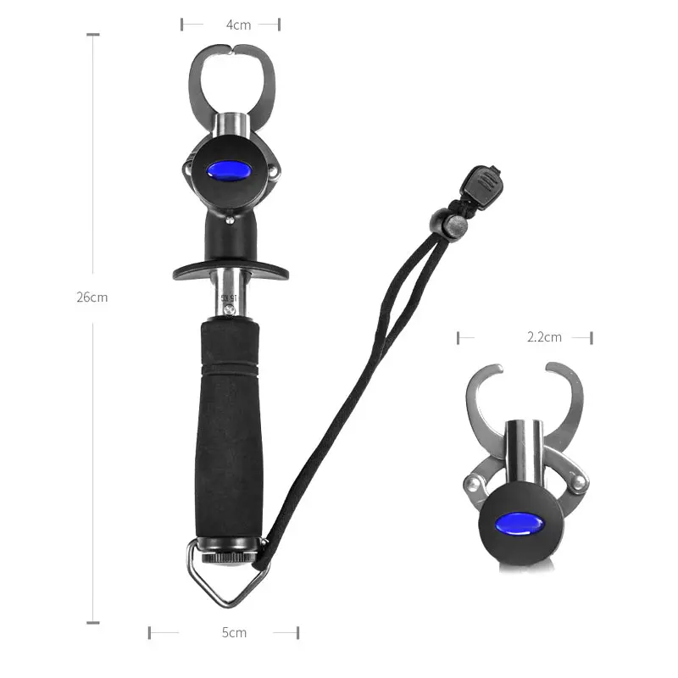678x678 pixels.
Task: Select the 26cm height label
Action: tap(92, 297)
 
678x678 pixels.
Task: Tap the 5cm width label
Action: tap(235, 632)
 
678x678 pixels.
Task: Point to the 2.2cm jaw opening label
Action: tap(544, 337)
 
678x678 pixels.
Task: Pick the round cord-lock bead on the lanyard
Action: tap(457, 224)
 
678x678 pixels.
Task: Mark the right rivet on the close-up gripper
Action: tap(576, 482)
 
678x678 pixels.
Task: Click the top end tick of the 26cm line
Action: tap(92, 35)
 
